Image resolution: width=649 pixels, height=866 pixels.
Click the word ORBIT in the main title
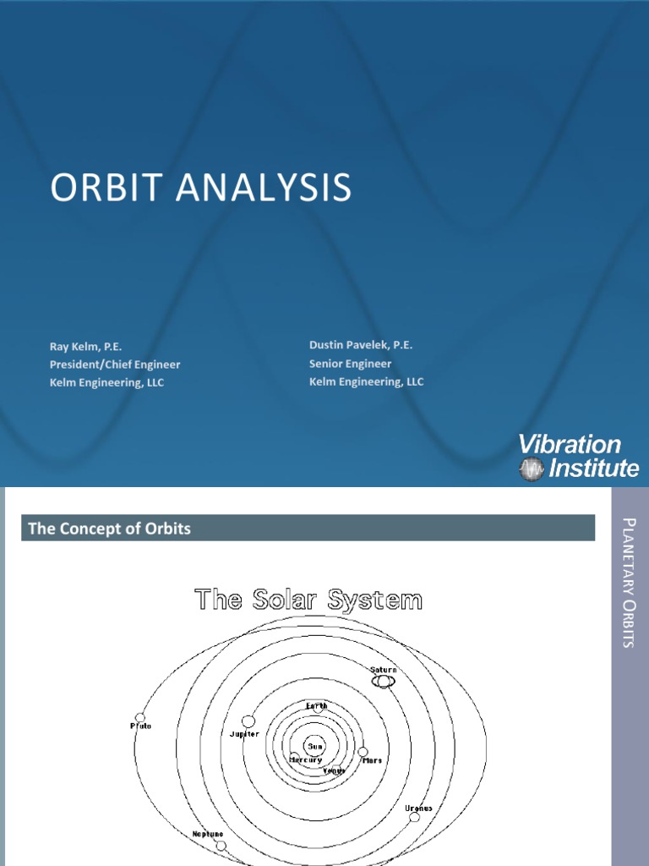[x=101, y=188]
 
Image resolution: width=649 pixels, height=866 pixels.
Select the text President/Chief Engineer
[x=114, y=364]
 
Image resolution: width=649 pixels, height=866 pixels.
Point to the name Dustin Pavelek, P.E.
[x=361, y=345]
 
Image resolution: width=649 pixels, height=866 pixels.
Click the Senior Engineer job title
[x=350, y=364]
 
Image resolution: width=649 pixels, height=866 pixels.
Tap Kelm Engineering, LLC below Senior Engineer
[x=366, y=381]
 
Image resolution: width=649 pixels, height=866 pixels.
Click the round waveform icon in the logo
[x=532, y=469]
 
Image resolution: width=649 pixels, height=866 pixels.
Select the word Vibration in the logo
[x=569, y=445]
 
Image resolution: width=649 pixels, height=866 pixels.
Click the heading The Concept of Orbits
[x=110, y=529]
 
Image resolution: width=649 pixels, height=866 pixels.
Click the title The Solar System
[x=308, y=601]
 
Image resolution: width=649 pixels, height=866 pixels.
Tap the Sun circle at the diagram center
[x=315, y=746]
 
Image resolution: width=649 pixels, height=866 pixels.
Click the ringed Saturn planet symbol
[x=383, y=681]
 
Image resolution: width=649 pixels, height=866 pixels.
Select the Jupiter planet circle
[x=248, y=721]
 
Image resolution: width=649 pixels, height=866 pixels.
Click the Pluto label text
[x=140, y=726]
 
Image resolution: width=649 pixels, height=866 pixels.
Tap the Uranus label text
[x=418, y=808]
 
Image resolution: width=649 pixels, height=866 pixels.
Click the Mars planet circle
[x=363, y=751]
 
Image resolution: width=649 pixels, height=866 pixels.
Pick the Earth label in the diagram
[x=317, y=705]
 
